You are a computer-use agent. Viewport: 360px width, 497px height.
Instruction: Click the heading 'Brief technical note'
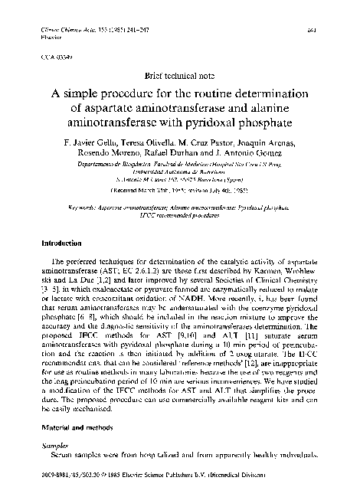(x=181, y=77)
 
